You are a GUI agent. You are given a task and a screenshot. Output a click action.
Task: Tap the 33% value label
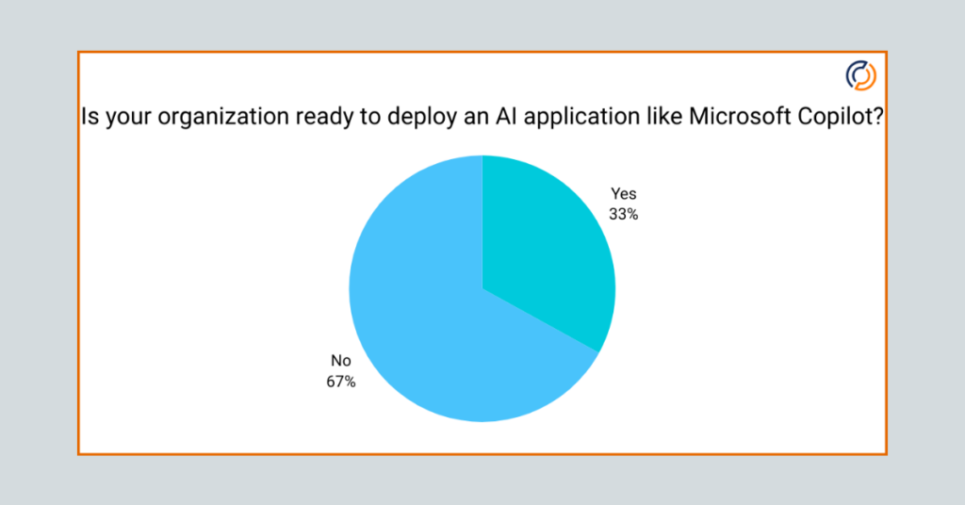coord(623,214)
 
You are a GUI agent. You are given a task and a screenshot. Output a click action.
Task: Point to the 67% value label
coord(340,382)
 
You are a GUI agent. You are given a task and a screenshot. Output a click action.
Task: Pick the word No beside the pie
coord(340,361)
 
